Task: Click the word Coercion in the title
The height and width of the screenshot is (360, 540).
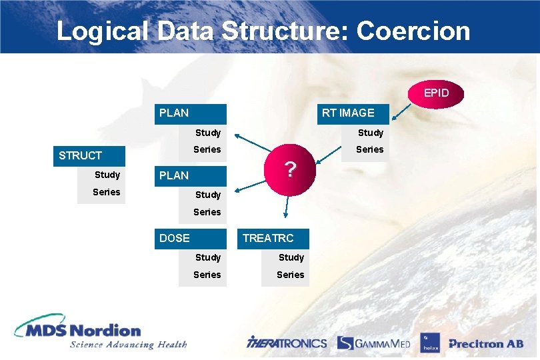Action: coord(413,31)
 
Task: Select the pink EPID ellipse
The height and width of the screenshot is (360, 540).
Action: coord(437,93)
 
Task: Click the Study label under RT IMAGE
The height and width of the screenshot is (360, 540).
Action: coord(370,133)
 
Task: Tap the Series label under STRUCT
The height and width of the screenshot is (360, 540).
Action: coord(107,192)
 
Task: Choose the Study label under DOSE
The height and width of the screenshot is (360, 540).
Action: coord(207,257)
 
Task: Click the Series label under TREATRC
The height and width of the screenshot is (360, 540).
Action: coord(291,275)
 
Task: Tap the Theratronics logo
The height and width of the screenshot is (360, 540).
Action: coord(287,343)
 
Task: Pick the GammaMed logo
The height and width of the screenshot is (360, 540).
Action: coord(373,343)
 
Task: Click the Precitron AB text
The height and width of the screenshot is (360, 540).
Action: coord(485,344)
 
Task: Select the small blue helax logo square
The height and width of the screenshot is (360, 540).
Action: coord(429,343)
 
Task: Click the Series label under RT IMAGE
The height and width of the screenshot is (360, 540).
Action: coord(370,149)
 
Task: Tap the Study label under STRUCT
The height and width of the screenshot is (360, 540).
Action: coord(107,175)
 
